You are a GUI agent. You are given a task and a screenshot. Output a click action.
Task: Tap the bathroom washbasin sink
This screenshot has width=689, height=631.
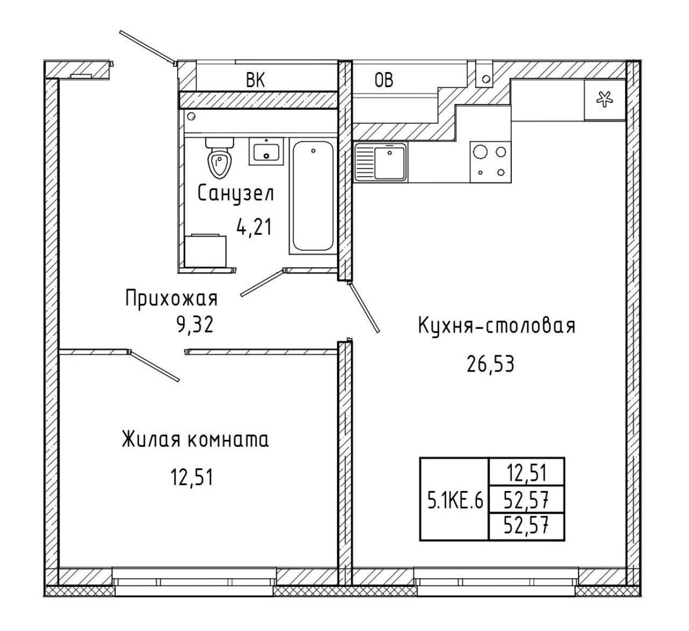266,151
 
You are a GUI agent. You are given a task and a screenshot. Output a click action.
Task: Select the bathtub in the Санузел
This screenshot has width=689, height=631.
313,196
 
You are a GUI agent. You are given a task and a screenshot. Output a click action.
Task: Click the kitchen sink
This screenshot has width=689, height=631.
381,162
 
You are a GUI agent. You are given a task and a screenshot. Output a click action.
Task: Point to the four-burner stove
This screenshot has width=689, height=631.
490,162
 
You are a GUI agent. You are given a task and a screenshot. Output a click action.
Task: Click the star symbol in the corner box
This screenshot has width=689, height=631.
604,100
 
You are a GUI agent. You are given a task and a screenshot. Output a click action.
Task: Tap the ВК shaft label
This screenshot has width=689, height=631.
256,80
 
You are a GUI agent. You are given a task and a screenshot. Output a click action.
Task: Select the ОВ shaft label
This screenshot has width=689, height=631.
384,80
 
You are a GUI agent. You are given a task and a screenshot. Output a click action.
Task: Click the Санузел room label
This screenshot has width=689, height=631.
236,193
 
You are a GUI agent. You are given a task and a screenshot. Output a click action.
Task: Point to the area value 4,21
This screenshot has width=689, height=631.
254,227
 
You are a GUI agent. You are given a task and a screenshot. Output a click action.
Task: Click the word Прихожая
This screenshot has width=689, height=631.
171,298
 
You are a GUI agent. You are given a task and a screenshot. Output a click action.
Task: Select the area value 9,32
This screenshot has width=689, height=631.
195,325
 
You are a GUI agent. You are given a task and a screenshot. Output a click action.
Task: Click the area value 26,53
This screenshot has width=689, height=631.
490,364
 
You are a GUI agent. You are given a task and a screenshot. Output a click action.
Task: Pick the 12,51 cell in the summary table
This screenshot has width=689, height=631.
526,473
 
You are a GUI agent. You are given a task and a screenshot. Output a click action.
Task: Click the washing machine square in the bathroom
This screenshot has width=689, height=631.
206,250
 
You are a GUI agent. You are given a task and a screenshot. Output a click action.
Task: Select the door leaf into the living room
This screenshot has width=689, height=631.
154,366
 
